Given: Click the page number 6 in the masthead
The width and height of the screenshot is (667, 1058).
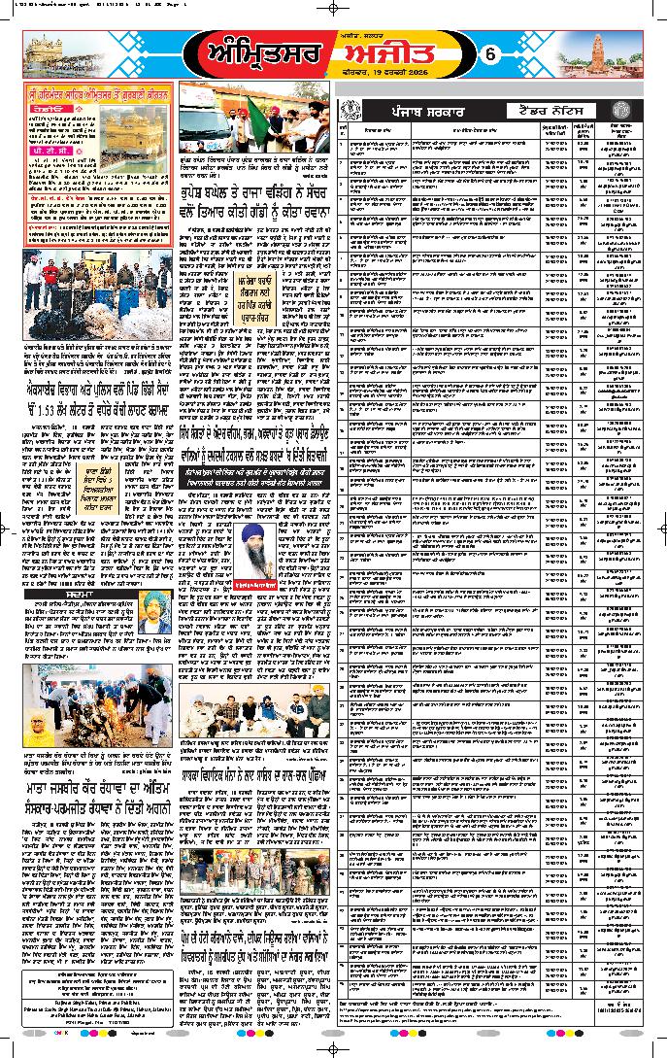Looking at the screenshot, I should [x=490, y=56].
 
